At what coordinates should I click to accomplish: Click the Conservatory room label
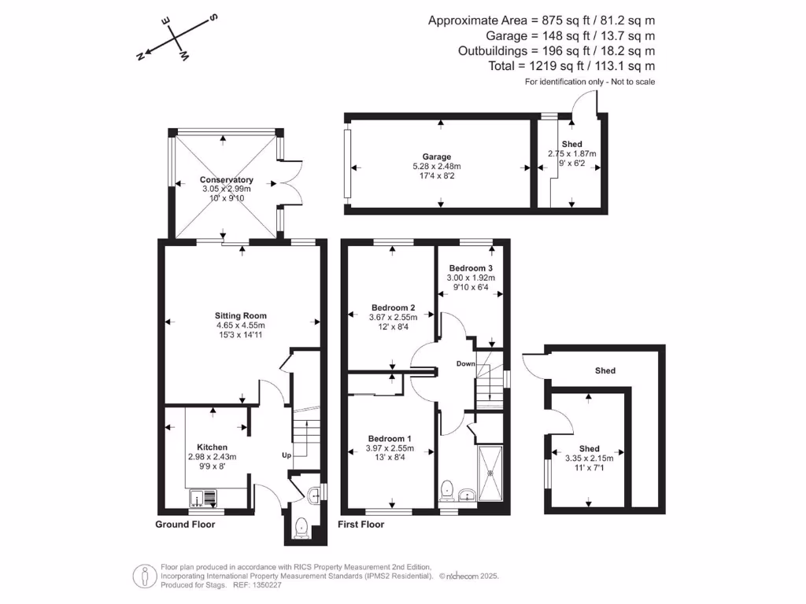point(226,180)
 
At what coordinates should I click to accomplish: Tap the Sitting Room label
point(241,315)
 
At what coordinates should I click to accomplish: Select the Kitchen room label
point(212,447)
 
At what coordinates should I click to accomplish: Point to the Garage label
point(436,157)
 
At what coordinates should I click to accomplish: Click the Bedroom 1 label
point(390,439)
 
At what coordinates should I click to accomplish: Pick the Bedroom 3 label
point(471,267)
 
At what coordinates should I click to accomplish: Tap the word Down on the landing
point(465,363)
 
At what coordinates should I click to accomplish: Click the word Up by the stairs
point(287,455)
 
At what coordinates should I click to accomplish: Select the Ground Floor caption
point(185,524)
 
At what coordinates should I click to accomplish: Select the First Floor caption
point(360,524)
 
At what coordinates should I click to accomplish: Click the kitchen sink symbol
point(204,498)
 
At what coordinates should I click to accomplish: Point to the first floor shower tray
point(493,473)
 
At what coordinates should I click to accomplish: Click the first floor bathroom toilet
point(447,489)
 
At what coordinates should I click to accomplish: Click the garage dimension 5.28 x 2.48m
point(436,167)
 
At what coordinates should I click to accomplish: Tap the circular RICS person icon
point(143,576)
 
